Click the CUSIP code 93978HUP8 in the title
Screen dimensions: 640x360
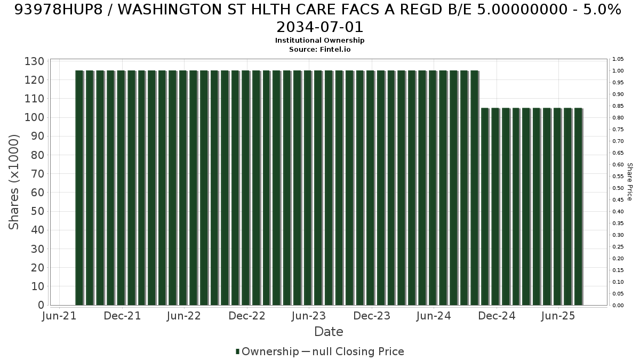click(x=58, y=10)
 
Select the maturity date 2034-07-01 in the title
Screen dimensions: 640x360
click(x=319, y=27)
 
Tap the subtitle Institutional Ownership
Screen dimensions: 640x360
click(x=319, y=41)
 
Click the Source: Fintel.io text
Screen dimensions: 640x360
click(x=319, y=50)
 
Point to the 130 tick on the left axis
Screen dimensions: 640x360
click(x=34, y=61)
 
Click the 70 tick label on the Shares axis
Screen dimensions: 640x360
click(x=38, y=174)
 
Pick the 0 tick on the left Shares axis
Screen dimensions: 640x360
click(x=41, y=305)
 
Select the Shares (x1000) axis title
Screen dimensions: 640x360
click(x=14, y=182)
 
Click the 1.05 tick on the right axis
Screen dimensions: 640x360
click(x=618, y=59)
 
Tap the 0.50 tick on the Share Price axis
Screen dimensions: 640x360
click(x=618, y=188)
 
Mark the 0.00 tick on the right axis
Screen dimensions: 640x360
click(x=618, y=306)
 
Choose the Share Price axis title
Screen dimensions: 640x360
click(x=629, y=182)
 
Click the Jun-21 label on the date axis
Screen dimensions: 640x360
click(x=59, y=316)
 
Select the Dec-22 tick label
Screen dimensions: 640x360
click(x=247, y=316)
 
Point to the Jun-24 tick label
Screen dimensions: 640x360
click(x=434, y=316)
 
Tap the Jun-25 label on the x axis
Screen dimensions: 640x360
click(x=558, y=316)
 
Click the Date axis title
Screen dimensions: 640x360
click(x=329, y=332)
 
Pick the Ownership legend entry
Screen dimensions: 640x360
click(x=267, y=351)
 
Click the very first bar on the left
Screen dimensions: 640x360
click(x=79, y=188)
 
